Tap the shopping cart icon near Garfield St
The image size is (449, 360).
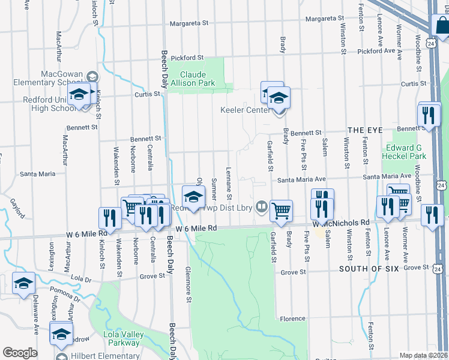tap(281, 211)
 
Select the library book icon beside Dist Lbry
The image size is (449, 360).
tap(261, 206)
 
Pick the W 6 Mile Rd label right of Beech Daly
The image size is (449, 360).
tap(196, 229)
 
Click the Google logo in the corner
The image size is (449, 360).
tap(20, 353)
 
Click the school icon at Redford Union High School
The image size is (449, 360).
tap(79, 95)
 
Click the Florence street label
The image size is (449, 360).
tap(293, 319)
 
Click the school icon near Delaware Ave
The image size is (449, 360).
tap(23, 283)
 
